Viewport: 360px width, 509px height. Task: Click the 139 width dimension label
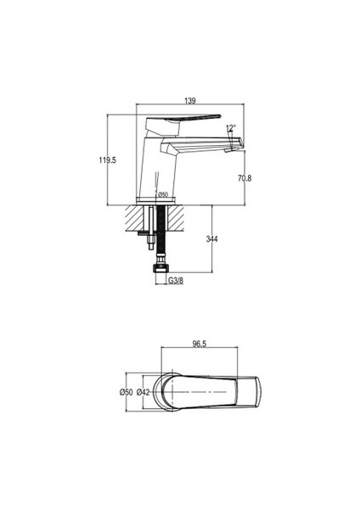coord(190,101)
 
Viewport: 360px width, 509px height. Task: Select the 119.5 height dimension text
coord(108,160)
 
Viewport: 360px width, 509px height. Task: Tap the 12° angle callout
coord(231,128)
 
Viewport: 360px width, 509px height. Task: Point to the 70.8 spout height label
coord(245,178)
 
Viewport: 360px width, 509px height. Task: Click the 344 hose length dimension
coord(212,239)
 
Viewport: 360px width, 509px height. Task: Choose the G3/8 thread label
coord(176,281)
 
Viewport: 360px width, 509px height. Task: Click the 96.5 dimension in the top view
coord(200,344)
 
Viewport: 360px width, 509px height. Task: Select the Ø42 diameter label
coord(143,392)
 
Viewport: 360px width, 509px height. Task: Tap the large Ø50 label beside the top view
coord(126,392)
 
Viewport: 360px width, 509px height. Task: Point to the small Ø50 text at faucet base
coord(163,194)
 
